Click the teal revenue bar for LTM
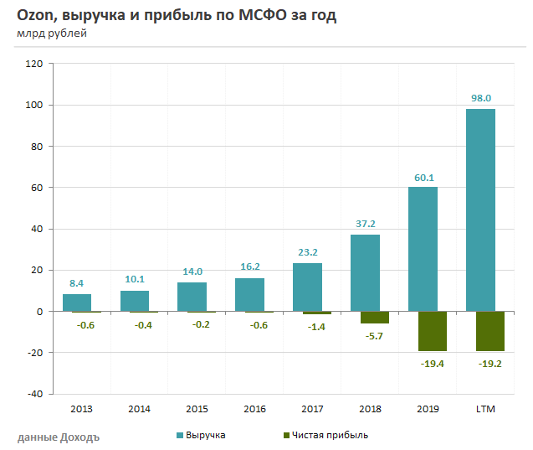(480, 209)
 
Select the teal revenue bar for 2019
(423, 249)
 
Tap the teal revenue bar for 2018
(365, 272)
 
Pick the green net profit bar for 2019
(433, 331)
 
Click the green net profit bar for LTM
(490, 331)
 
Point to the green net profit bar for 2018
(375, 317)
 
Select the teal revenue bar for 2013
(77, 303)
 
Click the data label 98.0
(480, 98)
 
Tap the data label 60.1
(423, 177)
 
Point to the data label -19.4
(433, 364)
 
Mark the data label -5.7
(375, 336)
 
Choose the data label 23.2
(307, 252)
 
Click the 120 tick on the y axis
(34, 64)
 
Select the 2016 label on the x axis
(254, 409)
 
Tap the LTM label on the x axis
(484, 409)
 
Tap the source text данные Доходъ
(58, 437)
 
